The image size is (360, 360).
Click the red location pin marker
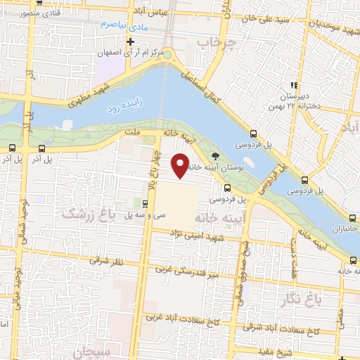point(182,165)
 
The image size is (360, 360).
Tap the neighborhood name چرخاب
point(214,44)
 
